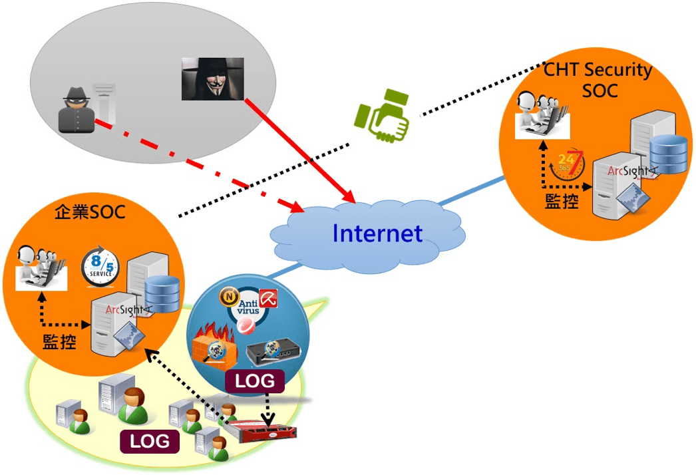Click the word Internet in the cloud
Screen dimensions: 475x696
(377, 234)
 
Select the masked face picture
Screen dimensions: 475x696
(212, 79)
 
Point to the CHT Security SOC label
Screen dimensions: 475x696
(598, 79)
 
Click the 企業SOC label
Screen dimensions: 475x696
(90, 213)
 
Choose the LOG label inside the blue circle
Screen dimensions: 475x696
(255, 381)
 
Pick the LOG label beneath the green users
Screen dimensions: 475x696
(150, 441)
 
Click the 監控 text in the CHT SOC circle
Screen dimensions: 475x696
(562, 201)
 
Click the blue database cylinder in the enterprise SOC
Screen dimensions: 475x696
(162, 293)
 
